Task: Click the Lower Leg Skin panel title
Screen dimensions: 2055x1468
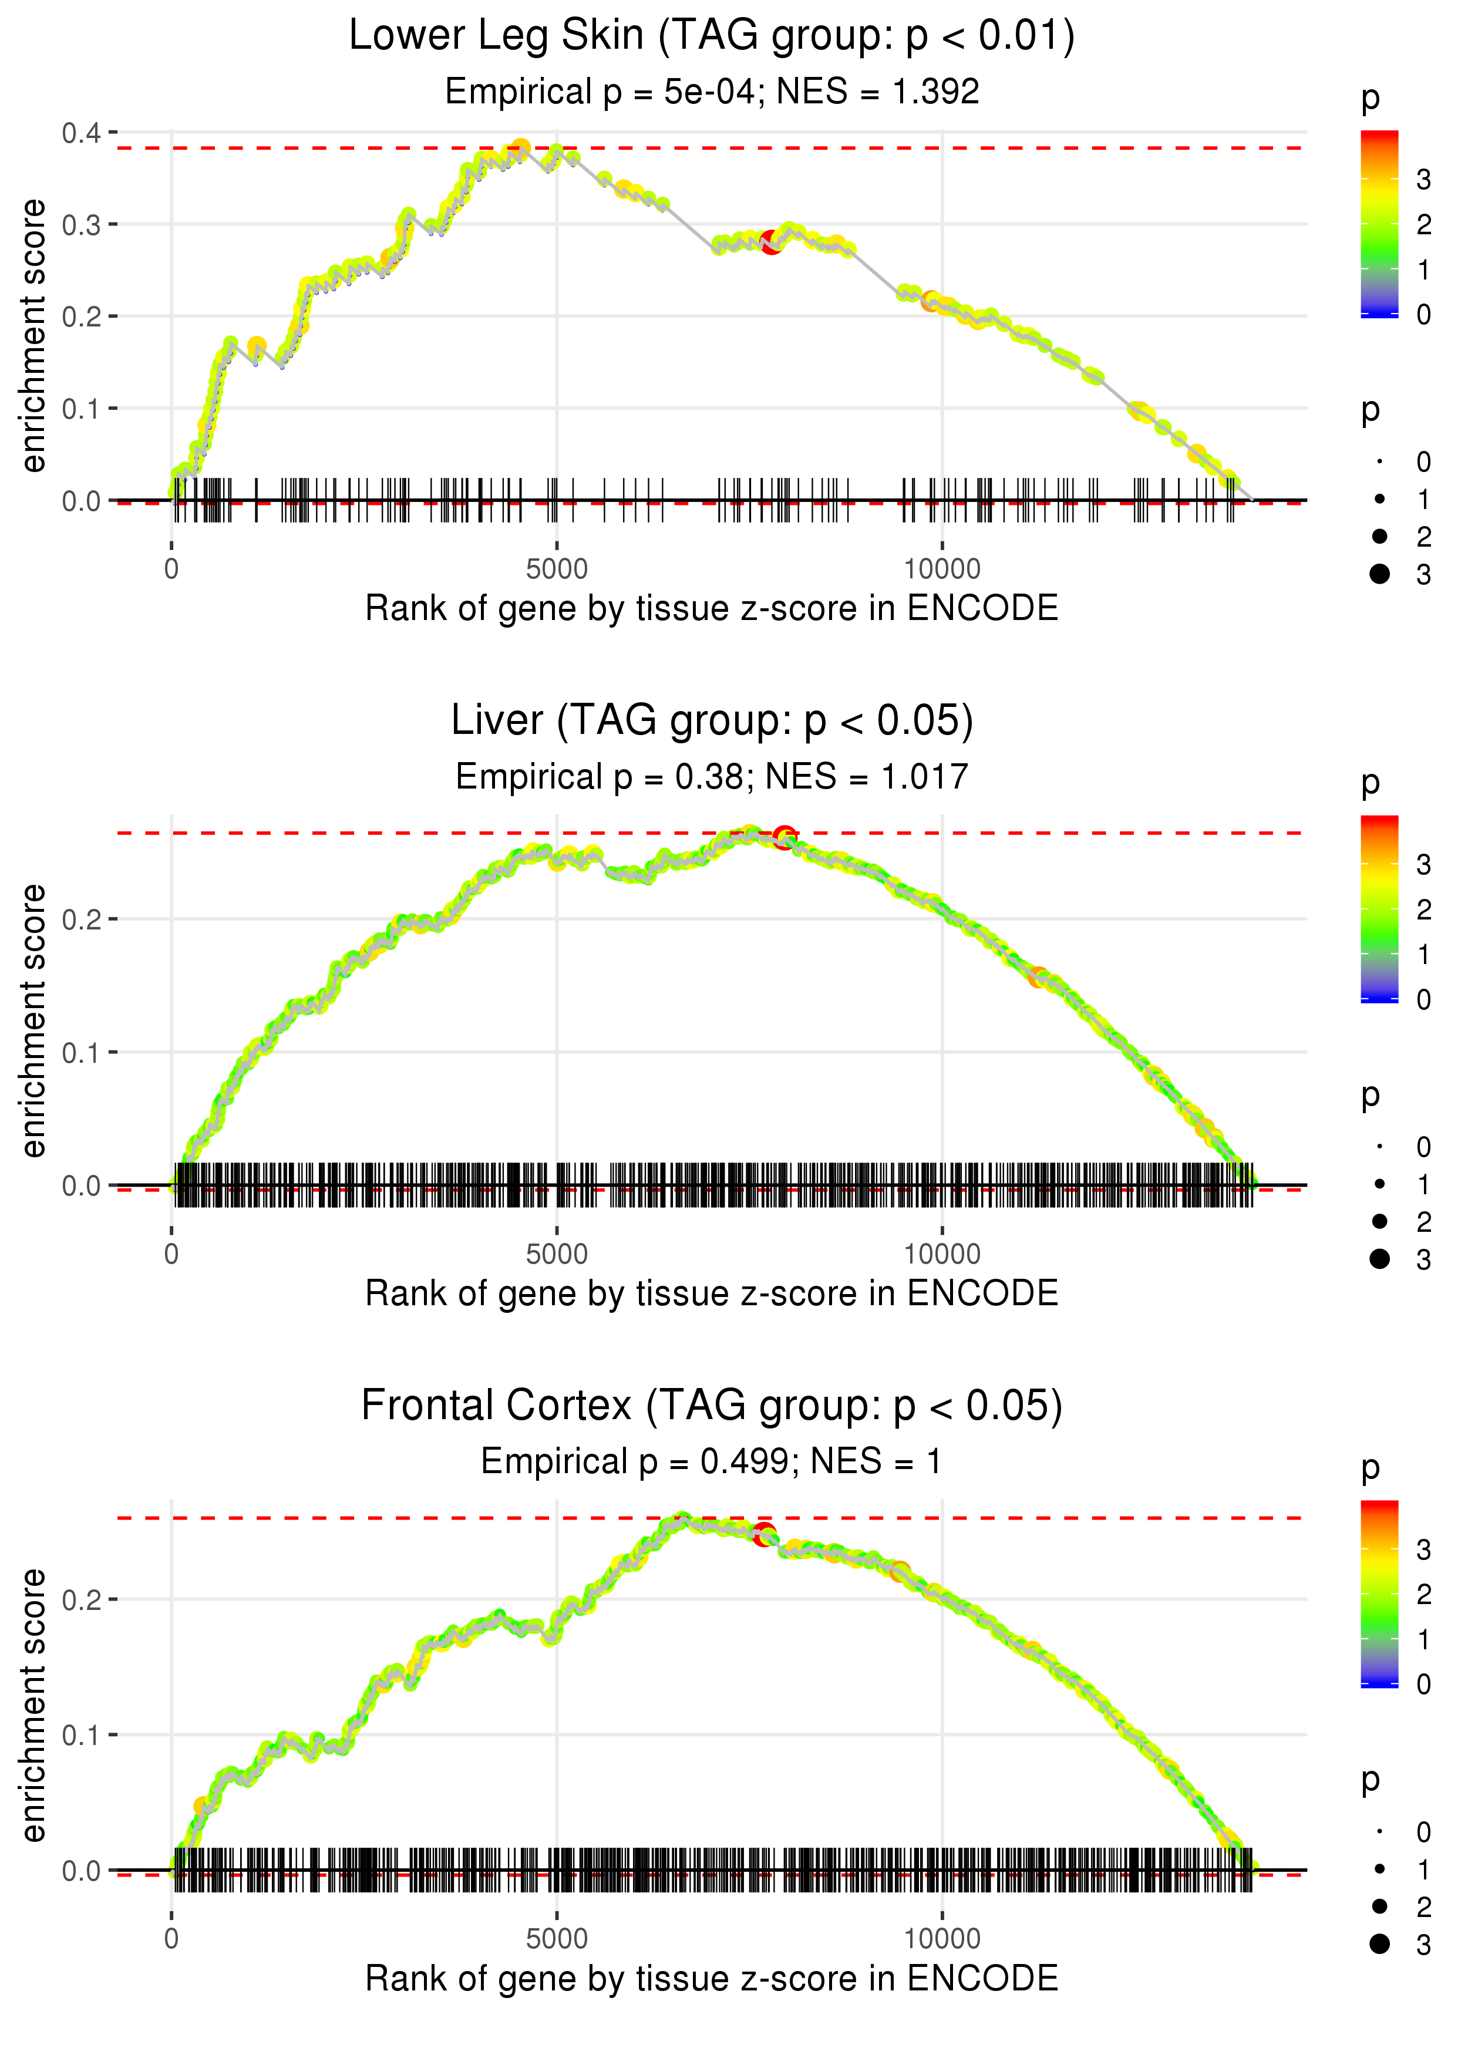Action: tap(712, 36)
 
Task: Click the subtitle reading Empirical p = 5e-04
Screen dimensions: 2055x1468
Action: tap(712, 91)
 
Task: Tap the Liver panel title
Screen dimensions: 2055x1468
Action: tap(712, 721)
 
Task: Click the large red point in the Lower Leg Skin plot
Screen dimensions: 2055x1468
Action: tap(771, 242)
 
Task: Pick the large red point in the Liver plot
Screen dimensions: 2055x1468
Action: tap(784, 836)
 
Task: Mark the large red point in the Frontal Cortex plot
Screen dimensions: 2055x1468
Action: tap(765, 1534)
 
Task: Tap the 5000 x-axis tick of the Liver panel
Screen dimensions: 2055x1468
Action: tap(556, 1254)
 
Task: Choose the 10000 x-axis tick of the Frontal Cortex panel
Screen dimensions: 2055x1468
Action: tap(942, 1938)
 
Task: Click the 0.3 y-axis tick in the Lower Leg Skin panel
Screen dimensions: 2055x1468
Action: tap(82, 225)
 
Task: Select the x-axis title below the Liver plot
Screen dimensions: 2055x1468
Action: tap(712, 1293)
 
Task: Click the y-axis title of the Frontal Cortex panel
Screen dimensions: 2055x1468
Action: tap(33, 1706)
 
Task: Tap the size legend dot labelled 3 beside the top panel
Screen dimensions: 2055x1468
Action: tap(1379, 574)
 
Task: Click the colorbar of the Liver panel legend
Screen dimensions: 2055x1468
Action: tap(1379, 909)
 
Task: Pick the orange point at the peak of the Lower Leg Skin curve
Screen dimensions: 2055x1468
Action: tap(521, 148)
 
